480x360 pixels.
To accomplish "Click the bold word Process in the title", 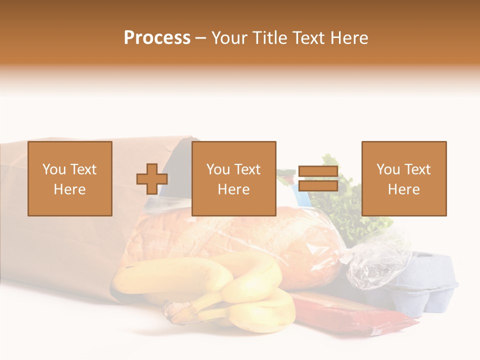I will point(157,37).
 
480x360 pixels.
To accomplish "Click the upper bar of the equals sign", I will point(318,171).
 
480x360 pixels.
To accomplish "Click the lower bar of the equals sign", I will point(318,186).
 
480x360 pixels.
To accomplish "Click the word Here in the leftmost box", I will point(69,189).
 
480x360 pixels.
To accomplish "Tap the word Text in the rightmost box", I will point(417,169).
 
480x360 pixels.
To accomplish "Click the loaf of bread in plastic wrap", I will point(240,235).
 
